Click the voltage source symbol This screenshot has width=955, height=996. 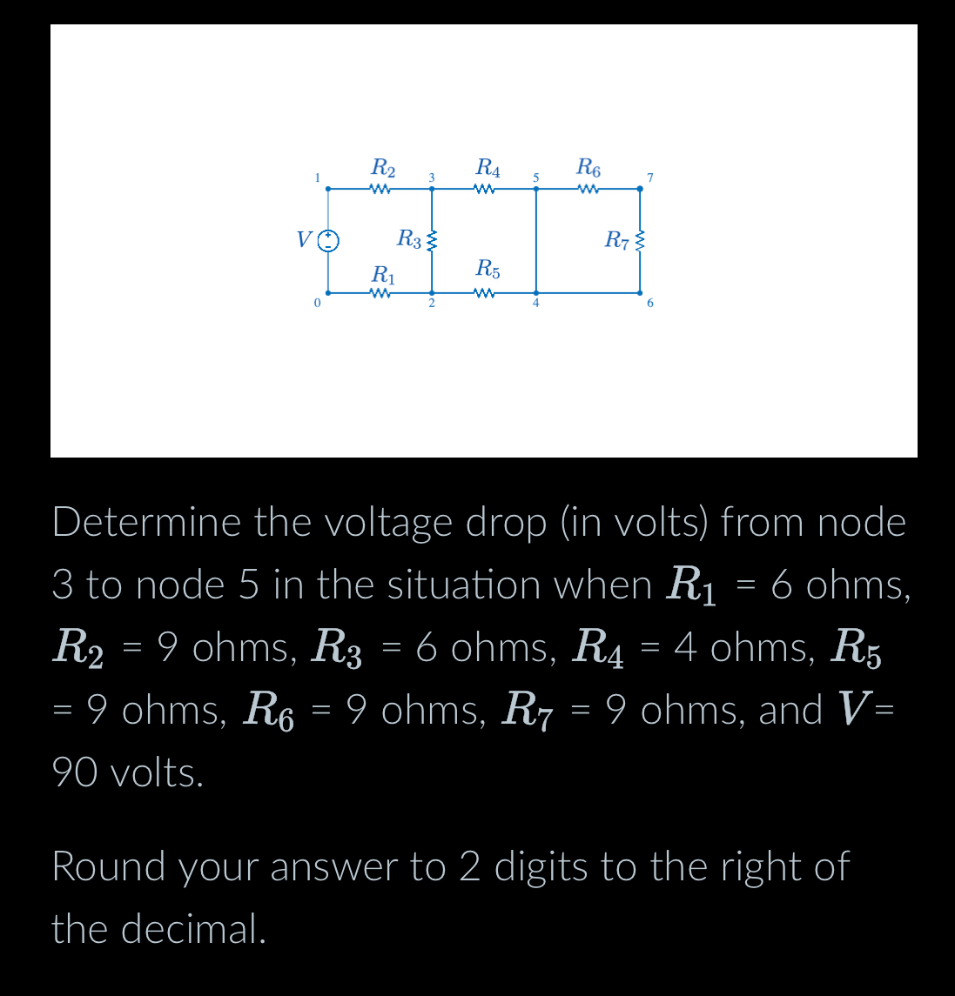(328, 240)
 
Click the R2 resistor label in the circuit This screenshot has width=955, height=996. (383, 166)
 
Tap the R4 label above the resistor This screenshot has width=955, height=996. (488, 166)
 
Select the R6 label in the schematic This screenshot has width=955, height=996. (589, 166)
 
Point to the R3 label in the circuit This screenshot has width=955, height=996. (409, 237)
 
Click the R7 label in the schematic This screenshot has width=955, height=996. (617, 238)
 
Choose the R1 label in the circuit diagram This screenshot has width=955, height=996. (383, 275)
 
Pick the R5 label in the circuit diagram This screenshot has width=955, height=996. (488, 268)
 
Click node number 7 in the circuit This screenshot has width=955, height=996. (649, 178)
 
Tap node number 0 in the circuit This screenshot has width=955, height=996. (318, 303)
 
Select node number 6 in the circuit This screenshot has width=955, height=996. (649, 304)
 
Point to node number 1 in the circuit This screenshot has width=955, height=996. (318, 177)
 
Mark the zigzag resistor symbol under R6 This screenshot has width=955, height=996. (589, 189)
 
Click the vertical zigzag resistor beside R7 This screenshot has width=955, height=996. (641, 240)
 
